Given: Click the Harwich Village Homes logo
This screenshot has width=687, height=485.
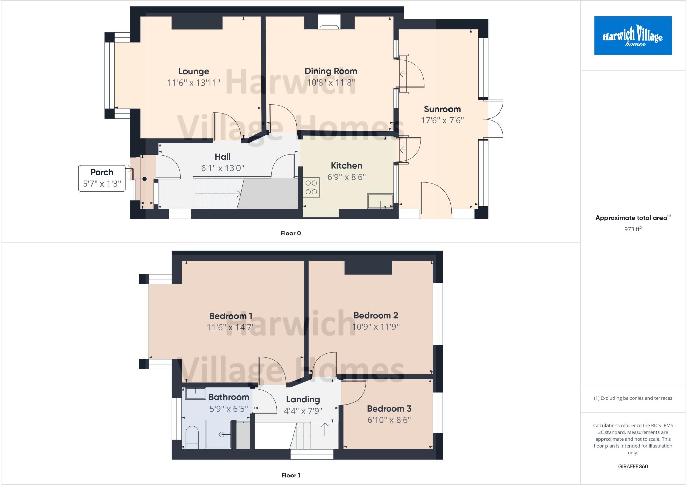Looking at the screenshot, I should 633,36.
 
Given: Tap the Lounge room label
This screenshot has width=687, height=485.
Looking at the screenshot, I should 194,71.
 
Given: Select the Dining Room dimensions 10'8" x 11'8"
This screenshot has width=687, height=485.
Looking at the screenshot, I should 331,83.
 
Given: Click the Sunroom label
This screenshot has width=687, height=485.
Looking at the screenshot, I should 442,109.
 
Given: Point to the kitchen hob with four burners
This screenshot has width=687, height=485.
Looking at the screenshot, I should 311,187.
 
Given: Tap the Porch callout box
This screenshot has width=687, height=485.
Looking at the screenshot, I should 102,178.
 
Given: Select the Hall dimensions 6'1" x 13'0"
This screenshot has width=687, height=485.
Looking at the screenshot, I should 222,168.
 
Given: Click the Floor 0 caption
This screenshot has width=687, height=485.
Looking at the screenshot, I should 290,233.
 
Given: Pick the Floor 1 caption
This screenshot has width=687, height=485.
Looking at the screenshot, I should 290,475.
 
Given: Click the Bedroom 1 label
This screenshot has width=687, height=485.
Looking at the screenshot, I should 230,316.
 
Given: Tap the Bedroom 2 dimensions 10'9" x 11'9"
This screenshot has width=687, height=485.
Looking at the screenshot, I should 375,327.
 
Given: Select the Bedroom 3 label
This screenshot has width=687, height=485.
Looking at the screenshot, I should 389,409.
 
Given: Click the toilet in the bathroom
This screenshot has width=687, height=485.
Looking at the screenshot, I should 192,437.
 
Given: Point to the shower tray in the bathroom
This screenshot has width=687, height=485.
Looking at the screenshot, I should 219,434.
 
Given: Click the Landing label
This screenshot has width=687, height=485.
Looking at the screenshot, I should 303,399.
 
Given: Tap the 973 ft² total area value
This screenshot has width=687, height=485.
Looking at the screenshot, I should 633,229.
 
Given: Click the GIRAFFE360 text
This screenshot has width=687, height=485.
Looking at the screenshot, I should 633,466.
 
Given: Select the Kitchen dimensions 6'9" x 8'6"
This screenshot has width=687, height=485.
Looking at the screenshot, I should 346,177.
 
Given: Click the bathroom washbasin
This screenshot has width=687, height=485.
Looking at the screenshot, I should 195,393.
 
